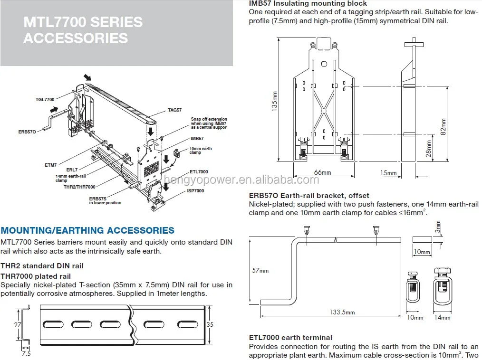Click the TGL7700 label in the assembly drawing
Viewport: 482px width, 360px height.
click(45, 99)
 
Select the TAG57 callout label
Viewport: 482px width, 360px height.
click(174, 110)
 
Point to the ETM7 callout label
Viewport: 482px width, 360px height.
click(51, 165)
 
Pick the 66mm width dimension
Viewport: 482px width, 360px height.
click(323, 172)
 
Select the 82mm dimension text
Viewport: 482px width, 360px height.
click(443, 126)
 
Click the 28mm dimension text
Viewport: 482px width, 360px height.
click(429, 148)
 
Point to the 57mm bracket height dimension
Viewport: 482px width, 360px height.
click(260, 270)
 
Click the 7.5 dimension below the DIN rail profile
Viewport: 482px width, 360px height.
click(26, 353)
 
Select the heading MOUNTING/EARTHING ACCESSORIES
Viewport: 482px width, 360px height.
click(87, 230)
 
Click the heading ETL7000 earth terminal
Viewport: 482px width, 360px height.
click(290, 338)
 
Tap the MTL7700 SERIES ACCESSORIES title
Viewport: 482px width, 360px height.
click(83, 30)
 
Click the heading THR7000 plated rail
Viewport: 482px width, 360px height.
click(36, 276)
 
